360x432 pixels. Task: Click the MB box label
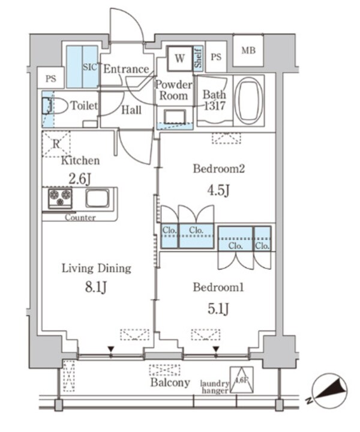(248, 50)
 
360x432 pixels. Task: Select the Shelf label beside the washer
(198, 58)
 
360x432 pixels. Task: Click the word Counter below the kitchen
(80, 218)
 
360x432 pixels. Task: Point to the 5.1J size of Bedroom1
(220, 308)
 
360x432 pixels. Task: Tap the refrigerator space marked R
(56, 145)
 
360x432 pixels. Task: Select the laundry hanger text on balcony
(215, 387)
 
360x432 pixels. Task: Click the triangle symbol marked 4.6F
(240, 380)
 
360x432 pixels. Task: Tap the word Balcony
(170, 382)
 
